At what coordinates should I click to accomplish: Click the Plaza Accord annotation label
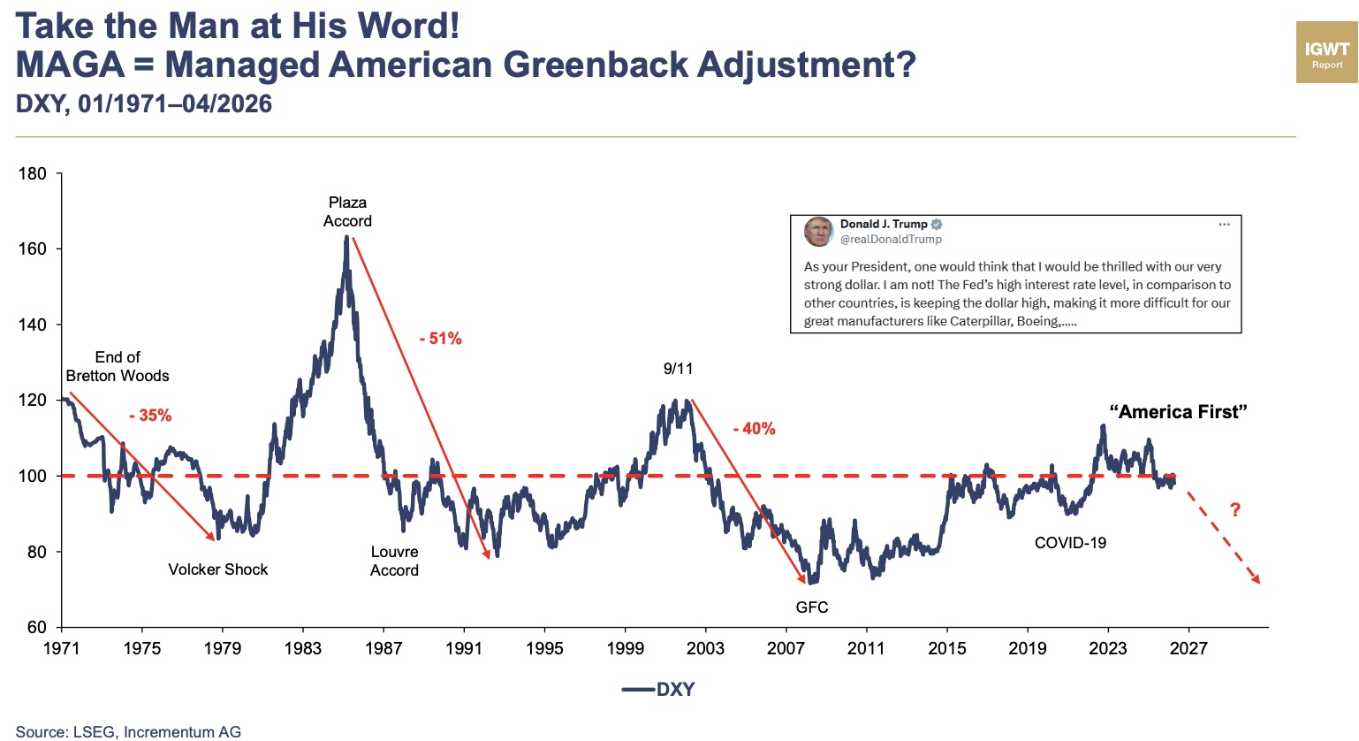tap(347, 212)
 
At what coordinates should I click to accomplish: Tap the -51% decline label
tap(440, 339)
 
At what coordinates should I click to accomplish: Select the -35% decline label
tap(150, 416)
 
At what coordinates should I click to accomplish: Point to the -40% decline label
tap(754, 429)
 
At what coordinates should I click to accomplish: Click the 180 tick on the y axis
tap(33, 173)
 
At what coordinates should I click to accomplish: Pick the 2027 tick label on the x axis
tap(1188, 649)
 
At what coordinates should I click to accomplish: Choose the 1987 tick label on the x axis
tap(383, 649)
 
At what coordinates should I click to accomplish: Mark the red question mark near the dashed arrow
tap(1235, 510)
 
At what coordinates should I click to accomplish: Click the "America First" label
tap(1178, 412)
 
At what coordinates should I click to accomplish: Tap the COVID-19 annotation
tap(1070, 543)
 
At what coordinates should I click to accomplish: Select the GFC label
tap(812, 607)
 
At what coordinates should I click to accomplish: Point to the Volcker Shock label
tap(217, 569)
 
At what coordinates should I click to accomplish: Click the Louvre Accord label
tap(394, 561)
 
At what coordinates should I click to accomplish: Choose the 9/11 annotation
tap(678, 369)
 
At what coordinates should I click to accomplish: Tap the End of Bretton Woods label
tap(118, 367)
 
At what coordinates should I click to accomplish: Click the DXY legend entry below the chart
tap(659, 690)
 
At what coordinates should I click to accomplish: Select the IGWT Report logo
tap(1326, 53)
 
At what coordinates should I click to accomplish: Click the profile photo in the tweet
tap(818, 232)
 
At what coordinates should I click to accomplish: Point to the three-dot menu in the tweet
tap(1224, 225)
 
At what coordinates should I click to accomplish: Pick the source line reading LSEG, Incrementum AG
tap(128, 732)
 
